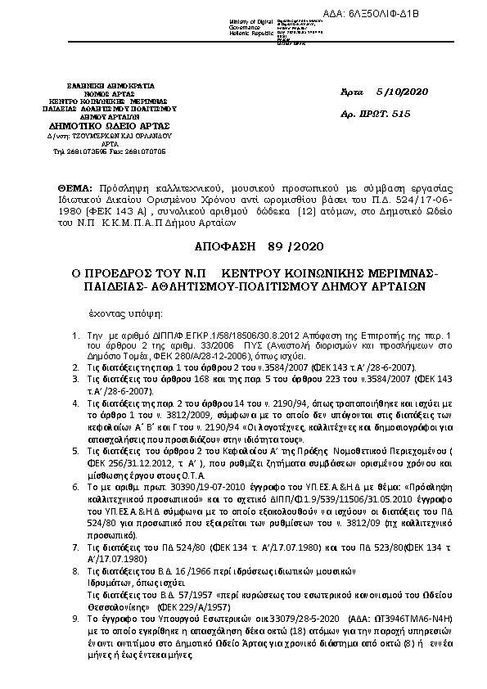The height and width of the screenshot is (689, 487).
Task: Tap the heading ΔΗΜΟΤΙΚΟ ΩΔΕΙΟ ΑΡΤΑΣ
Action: pyautogui.click(x=109, y=126)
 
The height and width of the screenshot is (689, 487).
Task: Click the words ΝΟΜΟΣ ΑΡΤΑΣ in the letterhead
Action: pyautogui.click(x=109, y=92)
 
